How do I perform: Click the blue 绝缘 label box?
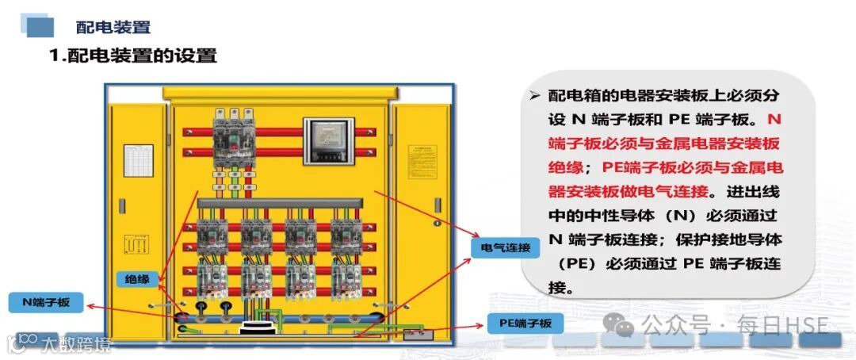click(137, 278)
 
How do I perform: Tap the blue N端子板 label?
click(46, 302)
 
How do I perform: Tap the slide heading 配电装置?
click(113, 27)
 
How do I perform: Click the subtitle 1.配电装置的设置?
click(132, 56)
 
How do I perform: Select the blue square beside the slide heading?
click(40, 27)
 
